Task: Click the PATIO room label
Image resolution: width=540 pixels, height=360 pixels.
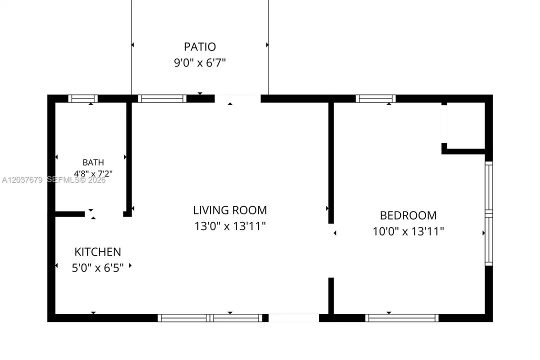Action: click(199, 46)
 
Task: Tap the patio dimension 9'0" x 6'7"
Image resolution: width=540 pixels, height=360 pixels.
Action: click(199, 62)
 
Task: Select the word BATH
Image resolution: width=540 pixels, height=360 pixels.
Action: click(93, 162)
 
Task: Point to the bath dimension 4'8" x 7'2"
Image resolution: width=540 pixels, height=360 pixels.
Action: click(93, 173)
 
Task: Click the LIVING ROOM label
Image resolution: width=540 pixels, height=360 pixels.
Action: click(229, 210)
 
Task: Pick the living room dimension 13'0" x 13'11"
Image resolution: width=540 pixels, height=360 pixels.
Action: click(229, 226)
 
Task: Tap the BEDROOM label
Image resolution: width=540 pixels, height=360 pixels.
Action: click(408, 215)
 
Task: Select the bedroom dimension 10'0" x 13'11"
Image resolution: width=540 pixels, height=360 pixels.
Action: click(408, 231)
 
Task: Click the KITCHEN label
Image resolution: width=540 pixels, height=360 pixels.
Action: click(98, 252)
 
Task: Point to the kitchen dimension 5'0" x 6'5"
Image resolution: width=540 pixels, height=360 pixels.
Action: click(98, 268)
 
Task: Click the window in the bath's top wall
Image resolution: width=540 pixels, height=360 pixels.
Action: click(83, 98)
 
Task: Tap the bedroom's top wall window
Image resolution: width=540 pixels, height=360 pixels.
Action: click(375, 98)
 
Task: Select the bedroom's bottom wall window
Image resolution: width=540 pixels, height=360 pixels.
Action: click(401, 318)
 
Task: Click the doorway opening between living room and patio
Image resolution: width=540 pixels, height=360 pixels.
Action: click(237, 99)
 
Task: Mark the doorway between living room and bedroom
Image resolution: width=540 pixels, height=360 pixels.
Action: click(331, 251)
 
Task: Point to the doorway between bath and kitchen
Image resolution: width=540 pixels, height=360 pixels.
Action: click(104, 214)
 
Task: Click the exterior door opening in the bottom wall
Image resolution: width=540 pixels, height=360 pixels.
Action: click(294, 318)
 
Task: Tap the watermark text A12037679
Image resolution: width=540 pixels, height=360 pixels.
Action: click(22, 180)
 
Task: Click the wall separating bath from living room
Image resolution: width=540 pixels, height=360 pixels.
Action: click(129, 158)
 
